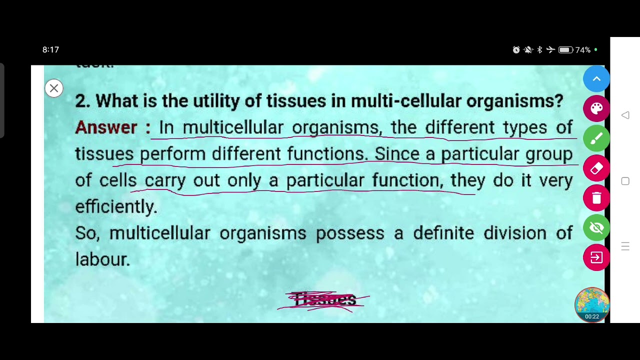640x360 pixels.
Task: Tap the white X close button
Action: (54, 88)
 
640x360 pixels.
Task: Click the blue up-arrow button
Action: (596, 79)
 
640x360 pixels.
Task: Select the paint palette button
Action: (596, 108)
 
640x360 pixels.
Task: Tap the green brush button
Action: (596, 138)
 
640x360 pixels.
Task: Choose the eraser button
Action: (596, 168)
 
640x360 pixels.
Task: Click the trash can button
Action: (596, 198)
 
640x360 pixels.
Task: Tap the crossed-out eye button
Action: (596, 228)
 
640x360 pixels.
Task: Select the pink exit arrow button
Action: (596, 257)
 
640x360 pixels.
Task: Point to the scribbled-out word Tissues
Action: (325, 300)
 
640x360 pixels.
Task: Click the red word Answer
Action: (106, 127)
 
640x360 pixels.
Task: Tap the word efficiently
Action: (116, 206)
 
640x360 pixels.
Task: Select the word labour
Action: (102, 259)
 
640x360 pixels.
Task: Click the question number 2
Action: (82, 101)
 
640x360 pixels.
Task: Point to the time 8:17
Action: (50, 49)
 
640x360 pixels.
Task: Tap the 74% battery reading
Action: (582, 50)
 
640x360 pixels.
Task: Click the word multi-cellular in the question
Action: (405, 101)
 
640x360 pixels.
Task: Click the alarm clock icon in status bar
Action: (516, 50)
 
